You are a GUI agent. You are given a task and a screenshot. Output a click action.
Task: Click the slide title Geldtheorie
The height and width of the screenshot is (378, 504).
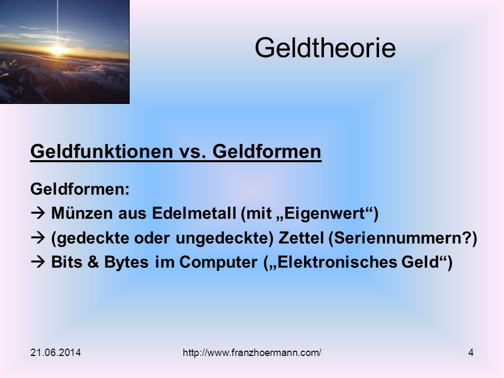tap(325, 48)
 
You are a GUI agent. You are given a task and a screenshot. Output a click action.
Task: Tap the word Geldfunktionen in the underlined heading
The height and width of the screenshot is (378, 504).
tap(101, 151)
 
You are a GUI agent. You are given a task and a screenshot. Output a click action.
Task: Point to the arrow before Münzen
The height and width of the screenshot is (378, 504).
tap(38, 213)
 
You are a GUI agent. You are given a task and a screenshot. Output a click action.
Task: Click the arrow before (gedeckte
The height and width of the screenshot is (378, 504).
tap(38, 237)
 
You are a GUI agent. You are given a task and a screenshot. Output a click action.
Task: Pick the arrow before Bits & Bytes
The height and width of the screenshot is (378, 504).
tap(38, 262)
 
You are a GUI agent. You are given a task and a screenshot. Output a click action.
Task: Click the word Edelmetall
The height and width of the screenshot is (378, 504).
tap(194, 213)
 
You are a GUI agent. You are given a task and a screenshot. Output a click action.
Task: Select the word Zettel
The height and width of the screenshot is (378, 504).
tap(301, 238)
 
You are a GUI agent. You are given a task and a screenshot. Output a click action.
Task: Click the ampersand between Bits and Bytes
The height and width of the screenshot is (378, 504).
tap(93, 262)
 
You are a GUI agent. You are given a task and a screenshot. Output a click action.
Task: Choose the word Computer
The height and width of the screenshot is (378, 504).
tap(218, 262)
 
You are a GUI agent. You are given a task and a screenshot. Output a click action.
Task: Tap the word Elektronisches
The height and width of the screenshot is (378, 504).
tap(337, 262)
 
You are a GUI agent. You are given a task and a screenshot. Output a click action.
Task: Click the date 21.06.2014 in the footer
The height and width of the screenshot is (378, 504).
tap(56, 353)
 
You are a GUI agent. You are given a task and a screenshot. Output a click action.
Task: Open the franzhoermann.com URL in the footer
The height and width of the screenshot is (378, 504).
tap(251, 353)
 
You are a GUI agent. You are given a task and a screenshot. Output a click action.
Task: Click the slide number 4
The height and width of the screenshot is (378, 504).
tap(471, 353)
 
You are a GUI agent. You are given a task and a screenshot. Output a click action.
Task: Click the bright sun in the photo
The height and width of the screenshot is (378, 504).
tap(58, 50)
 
